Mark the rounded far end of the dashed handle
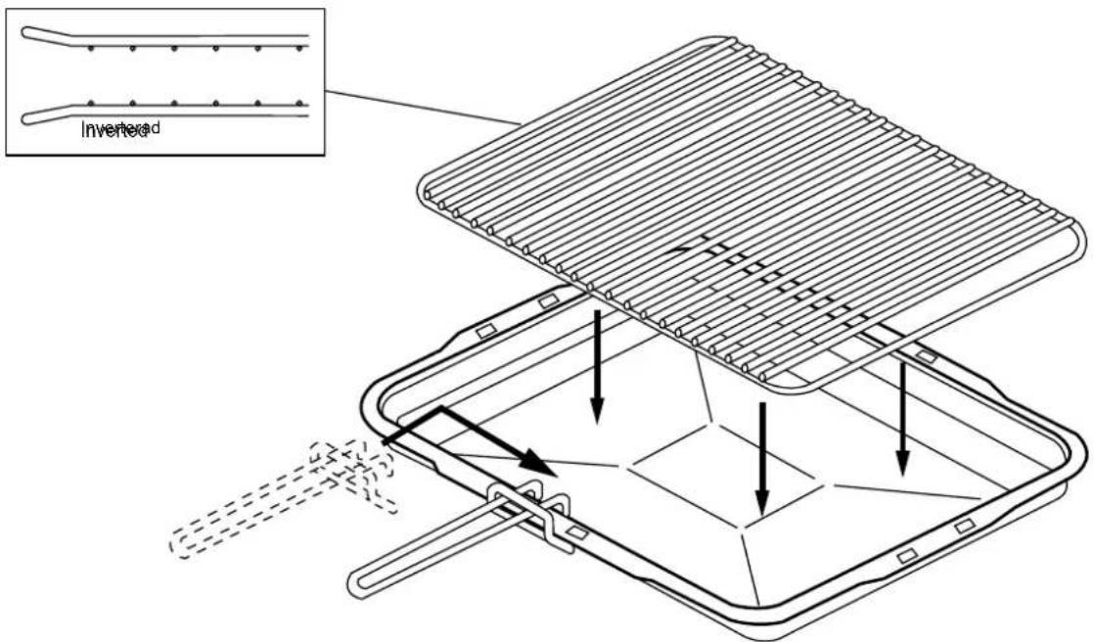[182, 544]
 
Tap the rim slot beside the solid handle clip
[577, 534]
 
